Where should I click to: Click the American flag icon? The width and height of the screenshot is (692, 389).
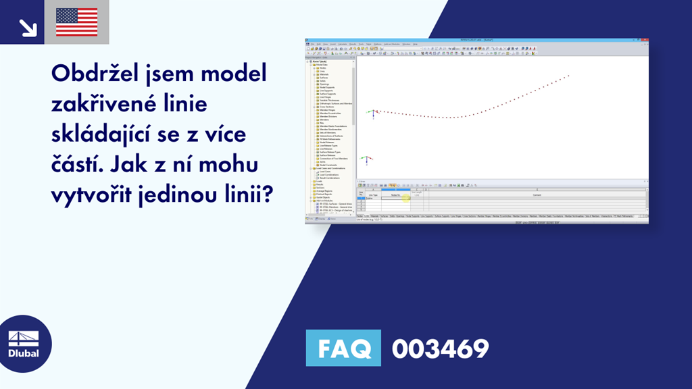pos(76,22)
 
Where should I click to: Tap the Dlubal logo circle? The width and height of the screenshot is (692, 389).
pos(23,342)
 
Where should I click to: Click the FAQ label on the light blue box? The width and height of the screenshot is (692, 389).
pos(343,349)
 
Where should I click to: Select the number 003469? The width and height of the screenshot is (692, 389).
pos(440,349)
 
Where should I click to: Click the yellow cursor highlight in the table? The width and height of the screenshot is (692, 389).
pos(406,197)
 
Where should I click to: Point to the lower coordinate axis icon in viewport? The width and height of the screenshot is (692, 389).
pos(365,161)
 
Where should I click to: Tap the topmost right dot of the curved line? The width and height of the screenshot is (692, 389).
pos(569,76)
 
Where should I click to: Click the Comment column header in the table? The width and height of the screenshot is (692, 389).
pos(537,194)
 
